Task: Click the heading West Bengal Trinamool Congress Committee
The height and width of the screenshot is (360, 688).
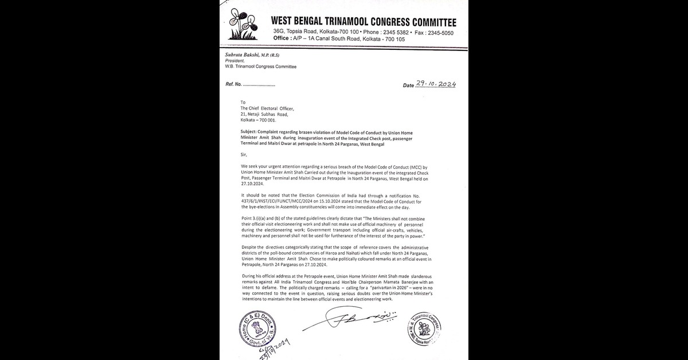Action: pos(363,22)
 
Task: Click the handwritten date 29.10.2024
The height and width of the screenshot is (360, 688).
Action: pos(436,84)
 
